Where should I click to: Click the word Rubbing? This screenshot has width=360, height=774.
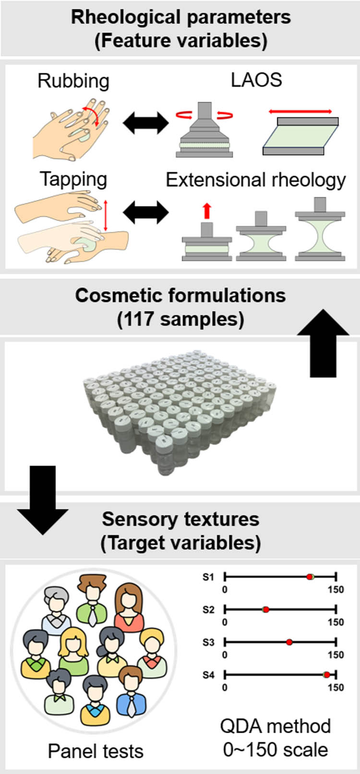click(73, 81)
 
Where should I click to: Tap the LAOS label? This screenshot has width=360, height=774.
click(256, 80)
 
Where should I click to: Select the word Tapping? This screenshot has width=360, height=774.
click(73, 179)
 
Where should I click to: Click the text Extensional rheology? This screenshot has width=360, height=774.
click(255, 180)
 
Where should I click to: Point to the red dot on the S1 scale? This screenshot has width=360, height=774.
click(310, 577)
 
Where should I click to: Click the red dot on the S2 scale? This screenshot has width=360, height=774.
click(265, 610)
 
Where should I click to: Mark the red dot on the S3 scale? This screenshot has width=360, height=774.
click(289, 642)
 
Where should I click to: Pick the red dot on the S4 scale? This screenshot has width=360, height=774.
click(326, 675)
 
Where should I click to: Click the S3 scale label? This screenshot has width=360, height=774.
click(208, 642)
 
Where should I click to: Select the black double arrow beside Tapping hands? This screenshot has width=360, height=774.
click(146, 212)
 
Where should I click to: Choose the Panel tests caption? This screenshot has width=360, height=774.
click(96, 751)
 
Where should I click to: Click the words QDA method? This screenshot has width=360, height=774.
click(275, 726)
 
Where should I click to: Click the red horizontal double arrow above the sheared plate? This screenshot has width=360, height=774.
click(300, 111)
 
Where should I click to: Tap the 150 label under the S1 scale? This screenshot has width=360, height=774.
click(336, 589)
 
